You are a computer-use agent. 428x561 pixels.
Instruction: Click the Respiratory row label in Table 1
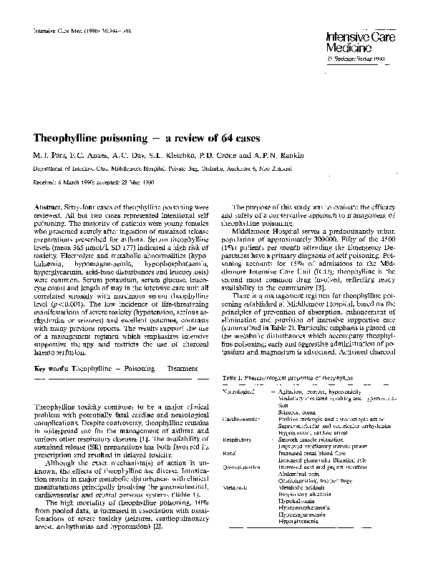(243, 440)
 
